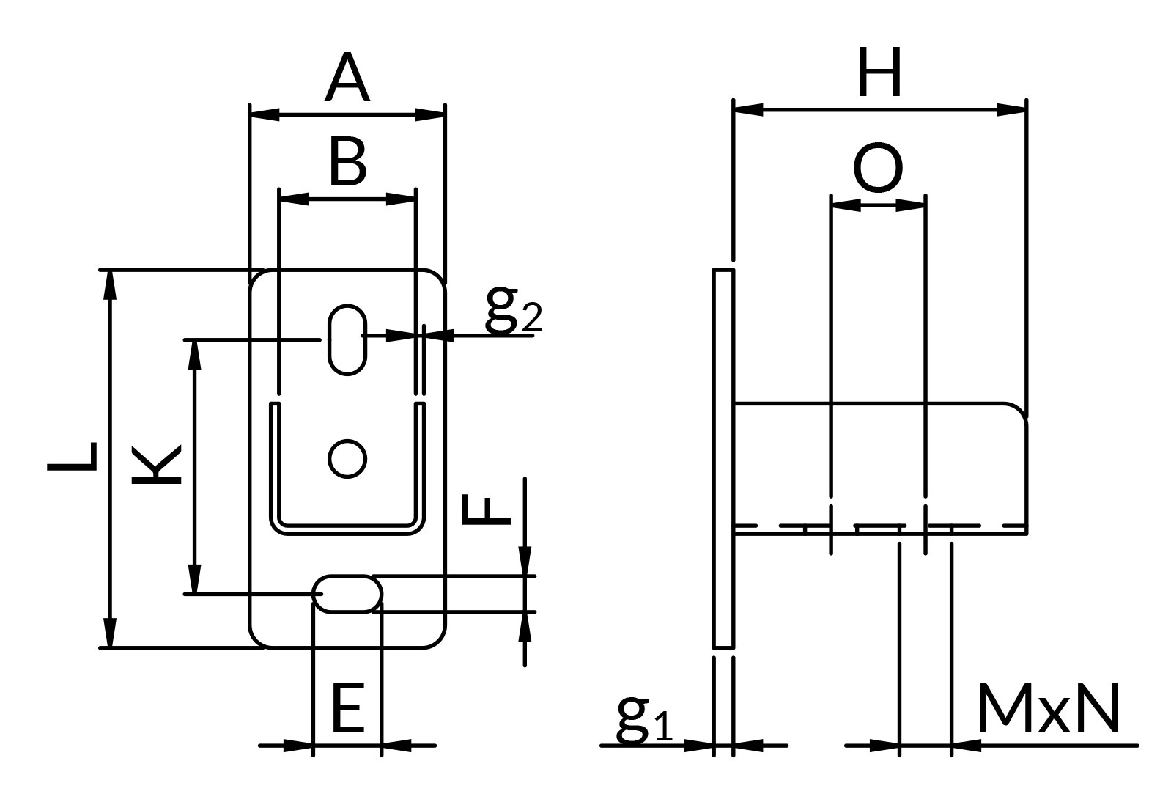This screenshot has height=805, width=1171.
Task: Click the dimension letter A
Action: pos(347,78)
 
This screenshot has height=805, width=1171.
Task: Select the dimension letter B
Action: pos(347,162)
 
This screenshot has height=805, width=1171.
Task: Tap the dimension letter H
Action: pos(880,72)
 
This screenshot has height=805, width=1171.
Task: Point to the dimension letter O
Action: pos(878,167)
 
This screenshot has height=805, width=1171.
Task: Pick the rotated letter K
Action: pos(156,465)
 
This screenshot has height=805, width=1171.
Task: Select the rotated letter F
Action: pos(486,510)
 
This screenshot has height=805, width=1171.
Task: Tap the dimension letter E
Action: pos(347,710)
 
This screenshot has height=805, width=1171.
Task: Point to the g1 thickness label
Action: pos(645,718)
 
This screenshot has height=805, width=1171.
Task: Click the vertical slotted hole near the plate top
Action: pos(347,339)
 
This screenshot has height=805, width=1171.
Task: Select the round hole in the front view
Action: pos(347,459)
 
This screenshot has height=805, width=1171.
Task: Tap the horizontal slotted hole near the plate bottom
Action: pos(347,594)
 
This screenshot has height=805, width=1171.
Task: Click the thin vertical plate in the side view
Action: pos(723,458)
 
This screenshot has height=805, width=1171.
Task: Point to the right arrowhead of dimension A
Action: pos(430,114)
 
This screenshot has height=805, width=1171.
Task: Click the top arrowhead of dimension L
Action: pos(110,285)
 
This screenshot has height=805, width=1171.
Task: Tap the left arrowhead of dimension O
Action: pos(846,205)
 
